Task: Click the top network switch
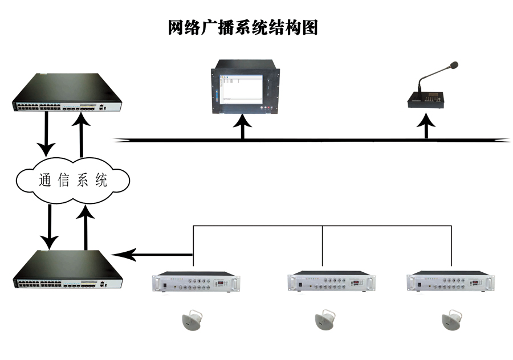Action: click(67, 92)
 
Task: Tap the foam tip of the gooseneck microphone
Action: click(454, 65)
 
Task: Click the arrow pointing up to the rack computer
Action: click(243, 126)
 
